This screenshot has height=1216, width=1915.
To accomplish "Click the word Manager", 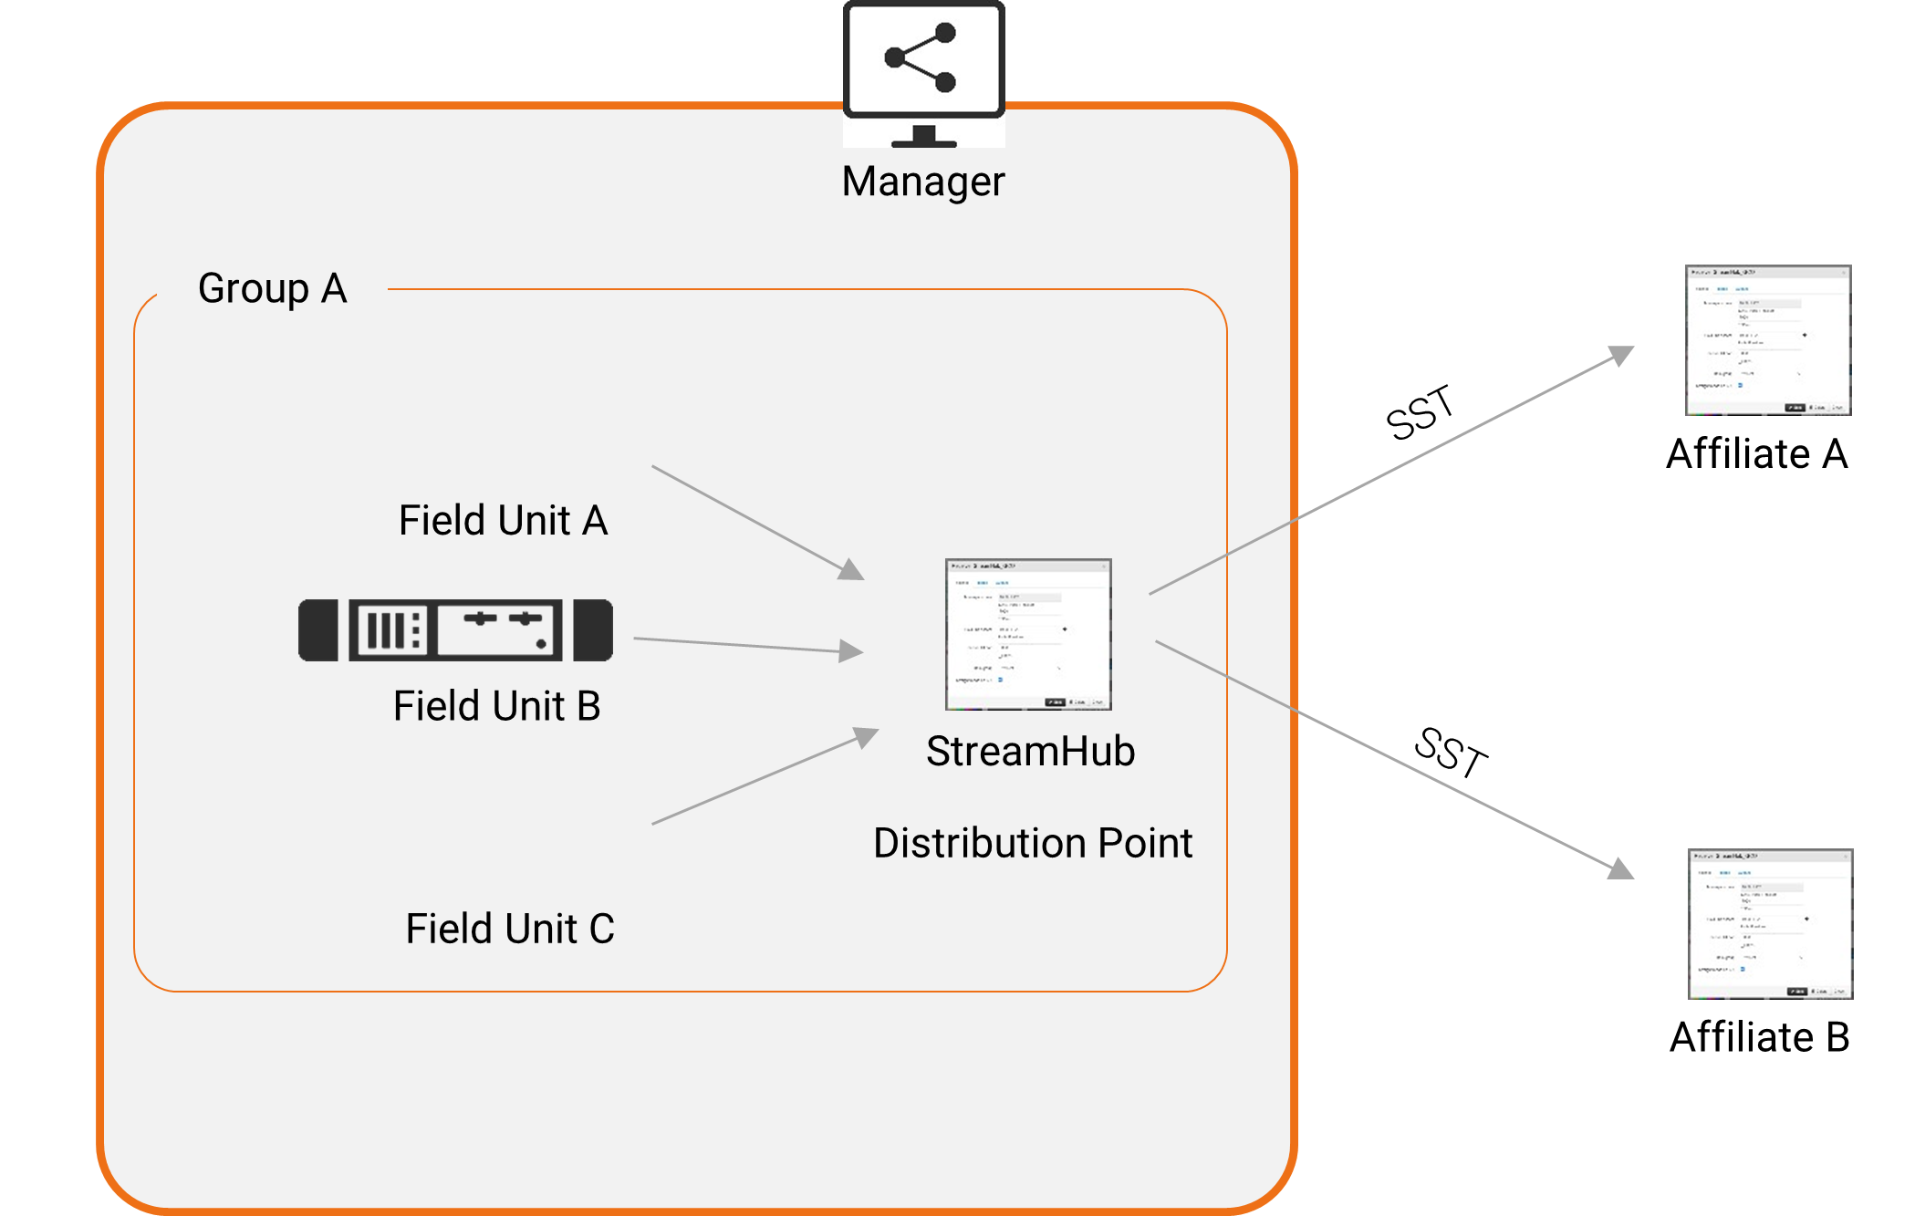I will (x=922, y=182).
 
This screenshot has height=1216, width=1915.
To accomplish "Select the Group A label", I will (x=272, y=289).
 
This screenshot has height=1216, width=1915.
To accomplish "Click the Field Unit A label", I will (x=503, y=521).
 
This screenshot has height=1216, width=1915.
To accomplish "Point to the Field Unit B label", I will (x=496, y=706).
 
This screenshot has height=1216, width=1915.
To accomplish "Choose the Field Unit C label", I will (x=509, y=929).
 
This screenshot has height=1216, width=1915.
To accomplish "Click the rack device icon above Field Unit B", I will (x=456, y=630).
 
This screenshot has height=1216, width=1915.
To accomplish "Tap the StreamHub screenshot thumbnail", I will (x=1028, y=634).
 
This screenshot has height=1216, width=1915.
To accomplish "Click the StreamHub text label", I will (x=1030, y=752).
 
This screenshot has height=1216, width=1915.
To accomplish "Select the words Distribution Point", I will (x=1032, y=843).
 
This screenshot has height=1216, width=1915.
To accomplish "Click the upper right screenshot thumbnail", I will (x=1767, y=340).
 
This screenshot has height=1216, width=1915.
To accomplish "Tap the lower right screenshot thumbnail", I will (x=1770, y=924).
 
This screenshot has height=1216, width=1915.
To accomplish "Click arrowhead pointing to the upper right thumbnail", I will (x=1621, y=355).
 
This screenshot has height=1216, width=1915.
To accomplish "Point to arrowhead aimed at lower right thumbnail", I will (x=1620, y=868).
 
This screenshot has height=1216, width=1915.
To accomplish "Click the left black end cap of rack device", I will (x=317, y=630).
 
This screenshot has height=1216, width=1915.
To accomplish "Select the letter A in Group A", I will (x=334, y=289).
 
